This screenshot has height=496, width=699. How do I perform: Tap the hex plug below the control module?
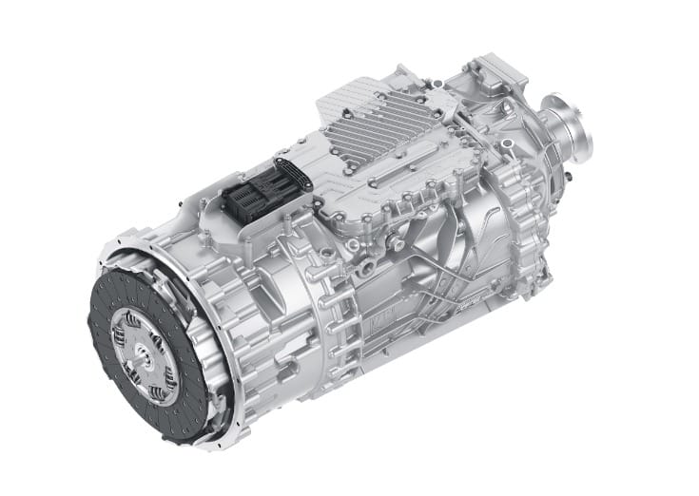357,250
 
